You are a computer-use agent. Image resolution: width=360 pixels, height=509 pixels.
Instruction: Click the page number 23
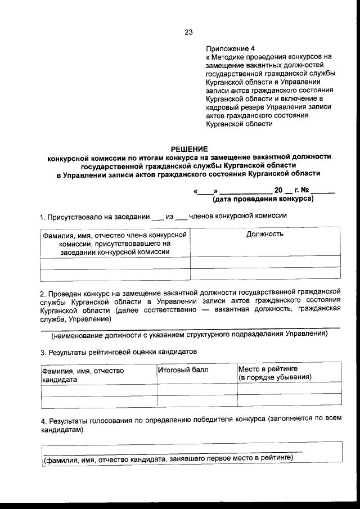point(188,32)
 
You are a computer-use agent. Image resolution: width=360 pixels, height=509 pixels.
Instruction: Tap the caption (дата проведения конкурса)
point(263,199)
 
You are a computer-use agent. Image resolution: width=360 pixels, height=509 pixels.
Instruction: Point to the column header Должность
point(265,234)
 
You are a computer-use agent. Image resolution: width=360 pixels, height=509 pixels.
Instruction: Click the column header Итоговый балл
point(183,370)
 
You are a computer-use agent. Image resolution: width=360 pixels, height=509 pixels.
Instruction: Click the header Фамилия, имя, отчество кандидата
point(82,375)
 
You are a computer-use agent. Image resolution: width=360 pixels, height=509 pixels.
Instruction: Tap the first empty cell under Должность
point(265,262)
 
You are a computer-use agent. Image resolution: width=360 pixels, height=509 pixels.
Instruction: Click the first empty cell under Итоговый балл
point(197,389)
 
